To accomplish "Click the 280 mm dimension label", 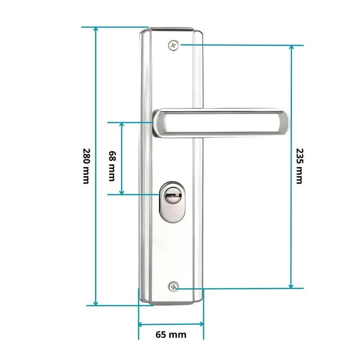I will [x=86, y=166].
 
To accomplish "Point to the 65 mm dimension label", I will [x=171, y=334].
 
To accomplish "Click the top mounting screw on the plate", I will [x=174, y=45].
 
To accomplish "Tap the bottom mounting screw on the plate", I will [x=174, y=287].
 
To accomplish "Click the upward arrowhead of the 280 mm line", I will [x=95, y=30].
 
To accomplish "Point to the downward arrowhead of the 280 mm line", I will [x=95, y=302].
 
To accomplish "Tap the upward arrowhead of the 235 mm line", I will [x=291, y=48].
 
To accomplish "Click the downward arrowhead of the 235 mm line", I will [x=291, y=285].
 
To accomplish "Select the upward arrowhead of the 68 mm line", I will [x=121, y=125].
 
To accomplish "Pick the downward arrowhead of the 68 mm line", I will [x=121, y=192].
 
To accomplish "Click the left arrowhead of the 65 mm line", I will [x=141, y=323].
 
